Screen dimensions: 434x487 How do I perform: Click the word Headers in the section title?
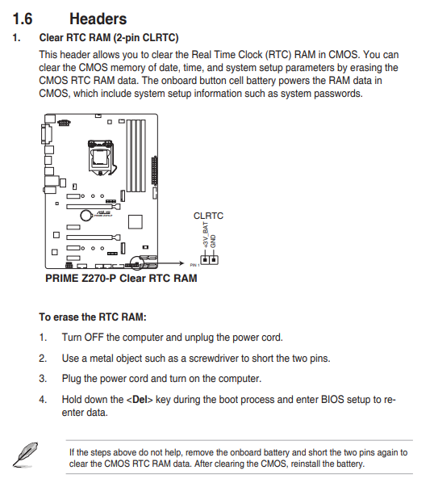click(x=98, y=19)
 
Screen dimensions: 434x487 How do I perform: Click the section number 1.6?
click(x=23, y=19)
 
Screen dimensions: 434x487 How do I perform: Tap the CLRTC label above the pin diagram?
click(x=208, y=216)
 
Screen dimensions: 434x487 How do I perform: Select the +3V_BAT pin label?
click(x=206, y=235)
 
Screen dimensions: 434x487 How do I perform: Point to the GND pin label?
click(x=213, y=241)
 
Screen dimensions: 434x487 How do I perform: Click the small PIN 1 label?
click(x=195, y=265)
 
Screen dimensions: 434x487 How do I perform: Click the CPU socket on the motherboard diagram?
click(x=101, y=157)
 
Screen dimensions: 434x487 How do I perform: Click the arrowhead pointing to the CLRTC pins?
click(x=182, y=263)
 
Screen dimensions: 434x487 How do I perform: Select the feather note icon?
click(x=26, y=455)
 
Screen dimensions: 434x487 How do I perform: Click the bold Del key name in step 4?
click(x=140, y=400)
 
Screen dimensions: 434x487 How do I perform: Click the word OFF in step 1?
click(x=94, y=338)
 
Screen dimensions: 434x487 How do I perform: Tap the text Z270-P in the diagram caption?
click(x=99, y=278)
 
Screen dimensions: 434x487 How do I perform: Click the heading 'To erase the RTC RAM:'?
click(x=93, y=317)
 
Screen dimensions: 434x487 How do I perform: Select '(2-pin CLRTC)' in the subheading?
click(x=146, y=38)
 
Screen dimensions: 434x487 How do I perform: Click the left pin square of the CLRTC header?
click(x=205, y=259)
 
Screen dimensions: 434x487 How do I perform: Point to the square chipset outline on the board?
click(x=136, y=222)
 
